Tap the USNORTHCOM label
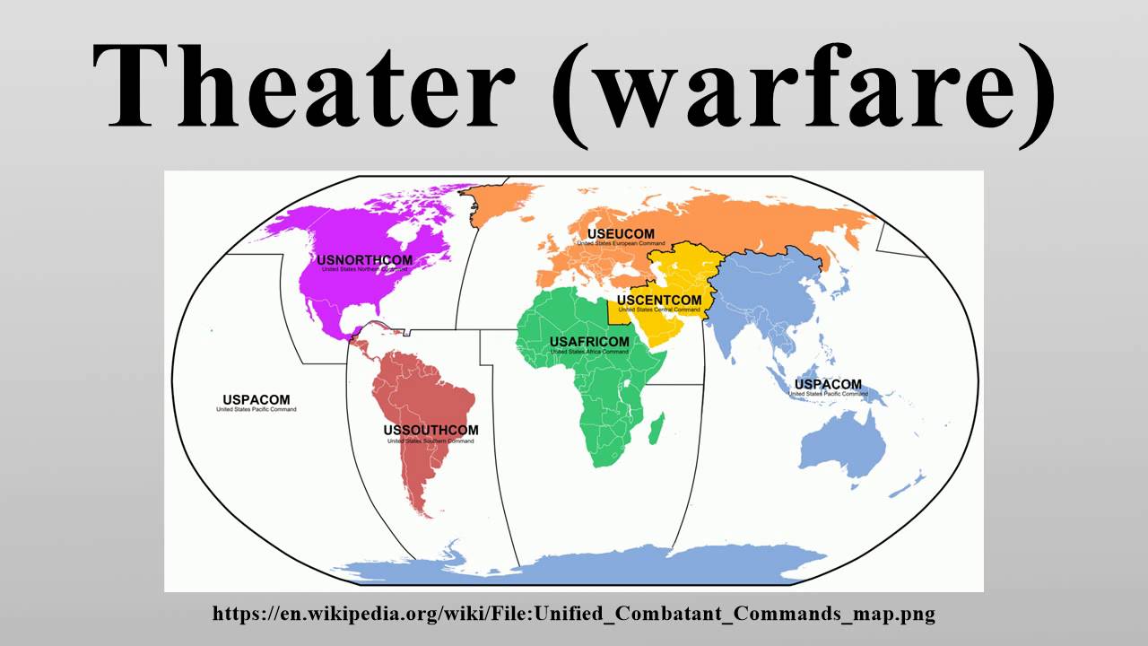point(365,261)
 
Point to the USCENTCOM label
point(659,300)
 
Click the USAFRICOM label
point(589,342)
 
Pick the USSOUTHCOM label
point(430,431)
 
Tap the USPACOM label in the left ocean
point(256,400)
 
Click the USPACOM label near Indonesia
point(828,385)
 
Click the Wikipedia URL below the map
point(574,615)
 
